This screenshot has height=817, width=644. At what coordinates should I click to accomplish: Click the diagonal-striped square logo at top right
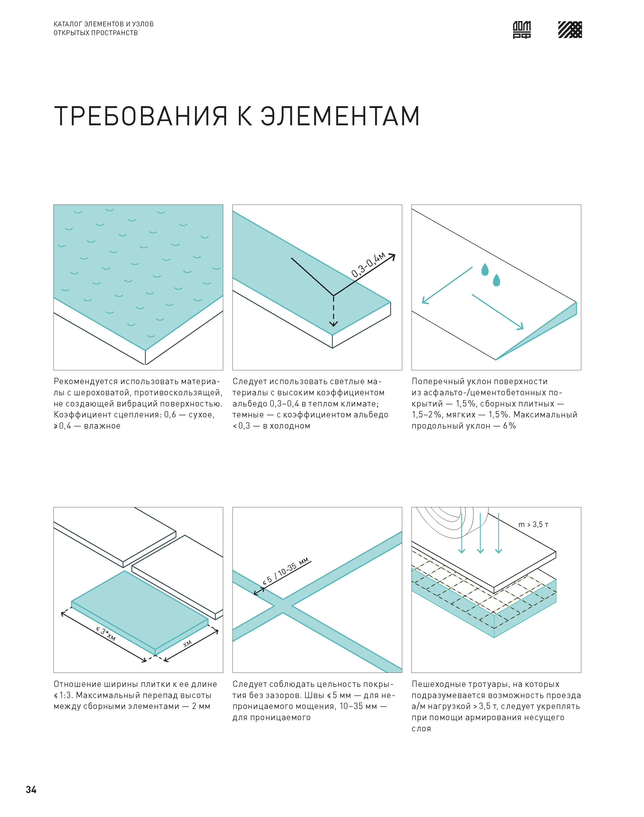[570, 30]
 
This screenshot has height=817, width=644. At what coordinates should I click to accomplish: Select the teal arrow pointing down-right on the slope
[498, 312]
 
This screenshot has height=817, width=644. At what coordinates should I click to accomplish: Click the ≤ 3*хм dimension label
[106, 634]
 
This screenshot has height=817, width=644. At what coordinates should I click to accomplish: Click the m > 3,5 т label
[533, 524]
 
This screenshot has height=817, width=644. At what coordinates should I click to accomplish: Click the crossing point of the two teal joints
[283, 606]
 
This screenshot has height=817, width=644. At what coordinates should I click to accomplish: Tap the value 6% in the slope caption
[509, 426]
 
